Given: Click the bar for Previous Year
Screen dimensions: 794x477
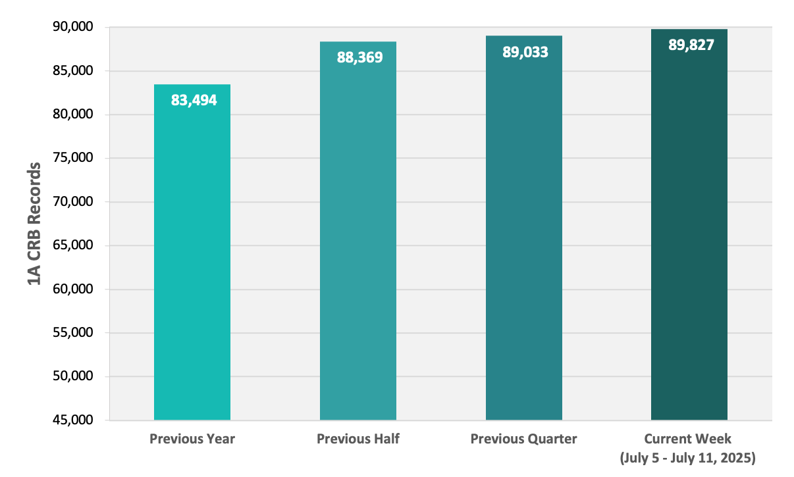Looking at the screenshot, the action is tap(192, 252).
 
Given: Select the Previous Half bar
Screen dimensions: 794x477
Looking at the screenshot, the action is tap(358, 231).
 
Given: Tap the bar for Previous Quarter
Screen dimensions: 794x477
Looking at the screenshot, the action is tap(524, 228).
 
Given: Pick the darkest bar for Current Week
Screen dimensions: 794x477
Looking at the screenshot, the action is tap(689, 224).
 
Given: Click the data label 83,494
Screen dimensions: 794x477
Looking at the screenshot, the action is tap(194, 100).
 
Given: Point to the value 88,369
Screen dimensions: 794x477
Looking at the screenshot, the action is tap(359, 57).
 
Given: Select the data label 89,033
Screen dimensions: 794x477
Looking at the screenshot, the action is tap(525, 52).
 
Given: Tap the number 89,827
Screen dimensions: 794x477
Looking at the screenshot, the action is tap(691, 45).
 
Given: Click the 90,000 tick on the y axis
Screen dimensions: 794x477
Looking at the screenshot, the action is tap(73, 26).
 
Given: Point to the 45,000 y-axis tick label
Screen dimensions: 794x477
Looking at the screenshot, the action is tap(73, 420).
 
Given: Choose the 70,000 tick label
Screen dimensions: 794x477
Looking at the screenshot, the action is tap(73, 201).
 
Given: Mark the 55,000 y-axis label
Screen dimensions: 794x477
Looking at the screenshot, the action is tap(73, 332).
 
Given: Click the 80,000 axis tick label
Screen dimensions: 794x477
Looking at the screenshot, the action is tap(73, 114).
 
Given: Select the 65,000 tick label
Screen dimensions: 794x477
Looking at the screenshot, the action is tap(73, 245).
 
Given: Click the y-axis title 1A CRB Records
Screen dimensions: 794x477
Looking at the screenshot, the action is tap(34, 224).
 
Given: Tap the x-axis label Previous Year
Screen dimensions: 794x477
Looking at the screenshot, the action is tap(192, 439).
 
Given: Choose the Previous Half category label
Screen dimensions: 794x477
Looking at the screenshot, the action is tap(358, 439).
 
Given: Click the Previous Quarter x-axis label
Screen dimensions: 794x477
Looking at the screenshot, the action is tap(523, 439).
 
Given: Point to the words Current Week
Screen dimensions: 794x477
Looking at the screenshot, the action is tap(687, 439).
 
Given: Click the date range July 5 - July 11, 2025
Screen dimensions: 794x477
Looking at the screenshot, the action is tap(687, 458).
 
